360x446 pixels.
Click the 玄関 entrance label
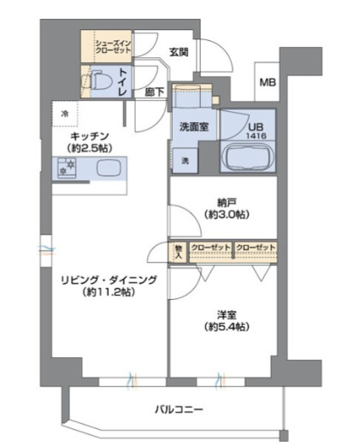178,51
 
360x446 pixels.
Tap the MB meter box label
268,83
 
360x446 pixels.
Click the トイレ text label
124,81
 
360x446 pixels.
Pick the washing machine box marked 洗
184,160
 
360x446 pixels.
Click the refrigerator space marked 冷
66,114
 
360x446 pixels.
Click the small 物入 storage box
178,249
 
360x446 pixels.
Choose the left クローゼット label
210,248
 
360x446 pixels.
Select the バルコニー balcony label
179,409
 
